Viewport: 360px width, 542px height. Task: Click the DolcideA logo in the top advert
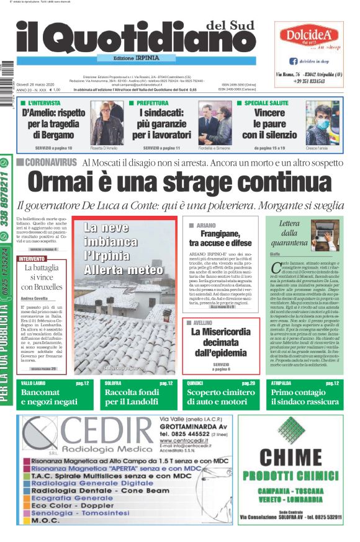(308, 35)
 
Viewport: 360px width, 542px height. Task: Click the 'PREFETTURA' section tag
(152, 103)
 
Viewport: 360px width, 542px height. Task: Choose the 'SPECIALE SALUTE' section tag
(266, 103)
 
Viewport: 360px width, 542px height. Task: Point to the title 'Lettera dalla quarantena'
(289, 233)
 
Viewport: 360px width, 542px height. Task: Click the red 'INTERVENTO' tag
(32, 259)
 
